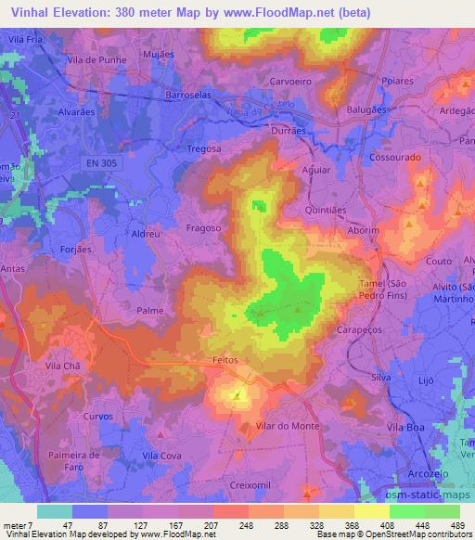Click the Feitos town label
click(225, 359)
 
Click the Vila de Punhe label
click(96, 60)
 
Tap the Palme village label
click(149, 311)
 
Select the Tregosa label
click(205, 148)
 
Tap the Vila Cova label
click(161, 456)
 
